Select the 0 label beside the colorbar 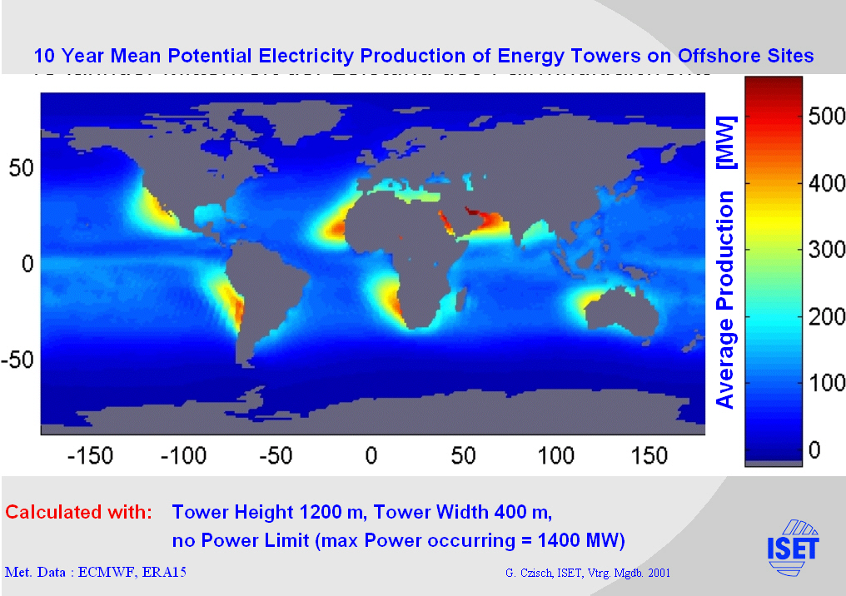(x=814, y=450)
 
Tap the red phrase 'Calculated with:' (x=79, y=511)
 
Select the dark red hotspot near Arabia (x=475, y=213)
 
